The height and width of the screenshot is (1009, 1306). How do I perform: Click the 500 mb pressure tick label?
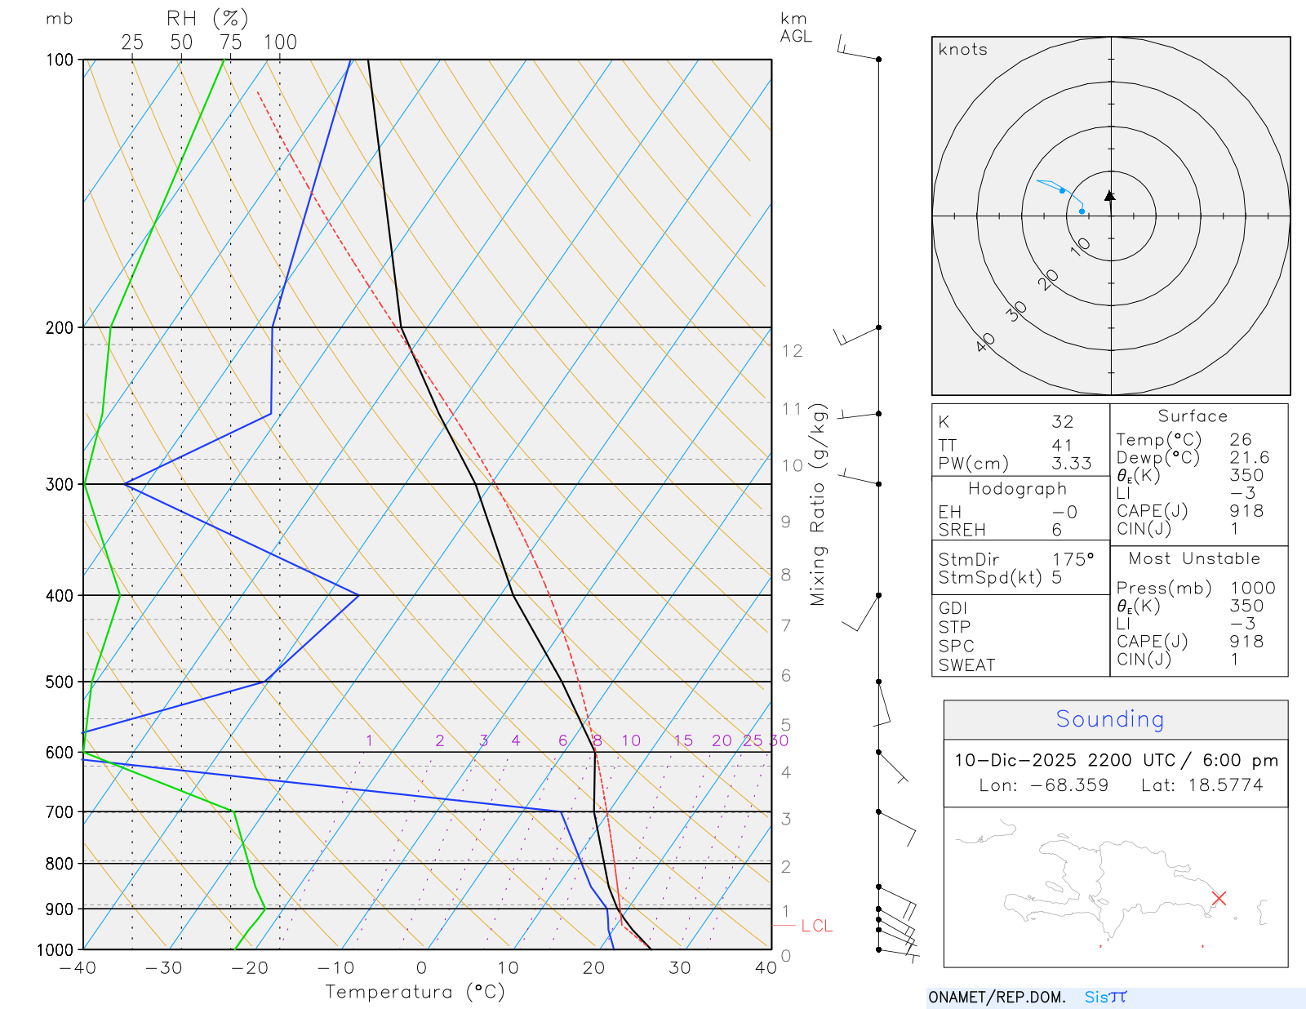(59, 682)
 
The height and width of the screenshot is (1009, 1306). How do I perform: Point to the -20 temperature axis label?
(250, 968)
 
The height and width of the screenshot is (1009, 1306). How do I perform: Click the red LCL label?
(816, 926)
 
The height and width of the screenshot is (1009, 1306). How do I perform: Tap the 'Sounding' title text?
(1109, 719)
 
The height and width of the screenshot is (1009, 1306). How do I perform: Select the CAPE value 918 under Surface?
(1246, 511)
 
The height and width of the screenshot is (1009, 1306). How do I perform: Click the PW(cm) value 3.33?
(1071, 464)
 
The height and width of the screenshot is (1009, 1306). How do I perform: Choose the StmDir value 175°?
(1073, 560)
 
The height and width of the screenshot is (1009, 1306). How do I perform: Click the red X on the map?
(1219, 898)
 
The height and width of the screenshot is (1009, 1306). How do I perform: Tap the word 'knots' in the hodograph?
(962, 50)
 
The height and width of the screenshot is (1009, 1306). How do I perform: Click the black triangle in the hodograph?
(1110, 196)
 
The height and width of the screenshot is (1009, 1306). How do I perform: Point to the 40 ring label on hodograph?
(986, 342)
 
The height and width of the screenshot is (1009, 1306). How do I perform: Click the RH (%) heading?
(207, 18)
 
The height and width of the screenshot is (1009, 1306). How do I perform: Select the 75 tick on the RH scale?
(231, 42)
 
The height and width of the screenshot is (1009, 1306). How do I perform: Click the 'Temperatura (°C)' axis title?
(415, 992)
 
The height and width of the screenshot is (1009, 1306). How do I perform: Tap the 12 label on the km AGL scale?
(792, 351)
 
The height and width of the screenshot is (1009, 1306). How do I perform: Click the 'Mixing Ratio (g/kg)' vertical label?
(818, 504)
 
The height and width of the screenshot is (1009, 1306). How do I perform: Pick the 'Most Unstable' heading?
(1194, 559)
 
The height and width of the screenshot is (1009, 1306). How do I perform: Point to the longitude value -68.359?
(1068, 785)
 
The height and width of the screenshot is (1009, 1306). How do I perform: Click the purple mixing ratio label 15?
(683, 740)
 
